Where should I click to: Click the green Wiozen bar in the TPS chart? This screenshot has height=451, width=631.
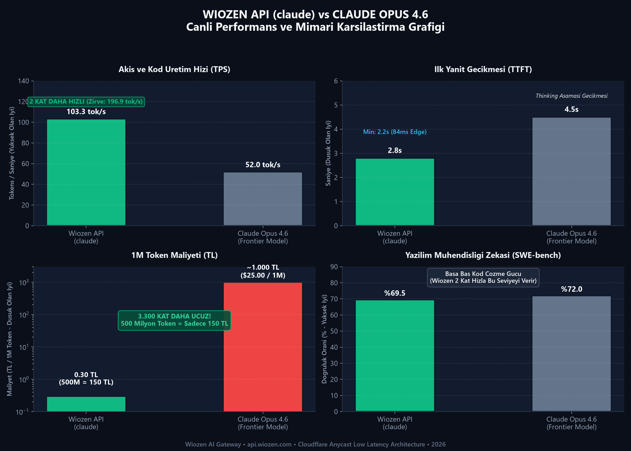86,172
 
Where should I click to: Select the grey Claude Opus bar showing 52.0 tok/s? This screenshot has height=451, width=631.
263,199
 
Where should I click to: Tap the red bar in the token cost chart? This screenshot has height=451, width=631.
263,347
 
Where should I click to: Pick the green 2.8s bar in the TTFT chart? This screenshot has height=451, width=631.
395,192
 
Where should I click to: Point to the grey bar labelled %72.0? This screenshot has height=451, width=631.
572,354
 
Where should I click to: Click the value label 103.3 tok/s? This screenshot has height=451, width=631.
86,112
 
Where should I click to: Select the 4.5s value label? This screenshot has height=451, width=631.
572,109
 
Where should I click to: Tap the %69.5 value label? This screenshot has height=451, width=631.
395,293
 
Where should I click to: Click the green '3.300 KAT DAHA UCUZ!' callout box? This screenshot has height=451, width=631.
174,320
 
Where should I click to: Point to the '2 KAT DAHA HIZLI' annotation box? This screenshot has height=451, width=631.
86,102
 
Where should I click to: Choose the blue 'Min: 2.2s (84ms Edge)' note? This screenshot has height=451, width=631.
395,132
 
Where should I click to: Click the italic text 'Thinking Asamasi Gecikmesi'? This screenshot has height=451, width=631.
572,96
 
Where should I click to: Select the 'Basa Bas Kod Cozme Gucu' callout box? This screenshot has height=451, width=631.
483,277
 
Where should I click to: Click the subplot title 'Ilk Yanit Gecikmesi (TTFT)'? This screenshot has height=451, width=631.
483,69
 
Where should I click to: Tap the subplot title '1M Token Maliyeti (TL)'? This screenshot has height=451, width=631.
174,255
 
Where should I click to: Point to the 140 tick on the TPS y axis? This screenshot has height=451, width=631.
24,81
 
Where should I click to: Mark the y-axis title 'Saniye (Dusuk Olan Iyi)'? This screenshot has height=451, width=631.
328,153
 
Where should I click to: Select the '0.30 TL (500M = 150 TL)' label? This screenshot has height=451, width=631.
86,379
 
